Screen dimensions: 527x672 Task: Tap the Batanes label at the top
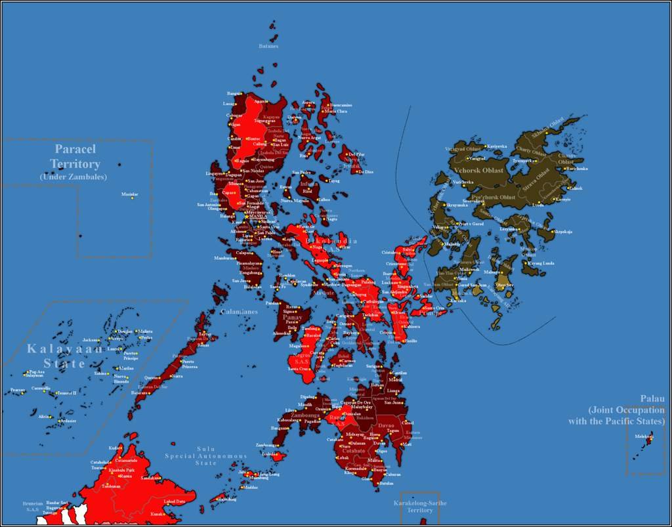[x=268, y=46]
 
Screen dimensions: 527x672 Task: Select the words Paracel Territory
[x=75, y=157]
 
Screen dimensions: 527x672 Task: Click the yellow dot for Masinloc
[x=132, y=198]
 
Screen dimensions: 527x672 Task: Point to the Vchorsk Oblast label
[x=478, y=170]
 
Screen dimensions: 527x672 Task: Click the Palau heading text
[x=652, y=398]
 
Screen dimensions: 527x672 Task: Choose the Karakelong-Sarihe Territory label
[x=419, y=506]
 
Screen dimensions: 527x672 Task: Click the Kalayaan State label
[x=64, y=356]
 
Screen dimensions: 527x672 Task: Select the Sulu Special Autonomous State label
[x=205, y=455]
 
